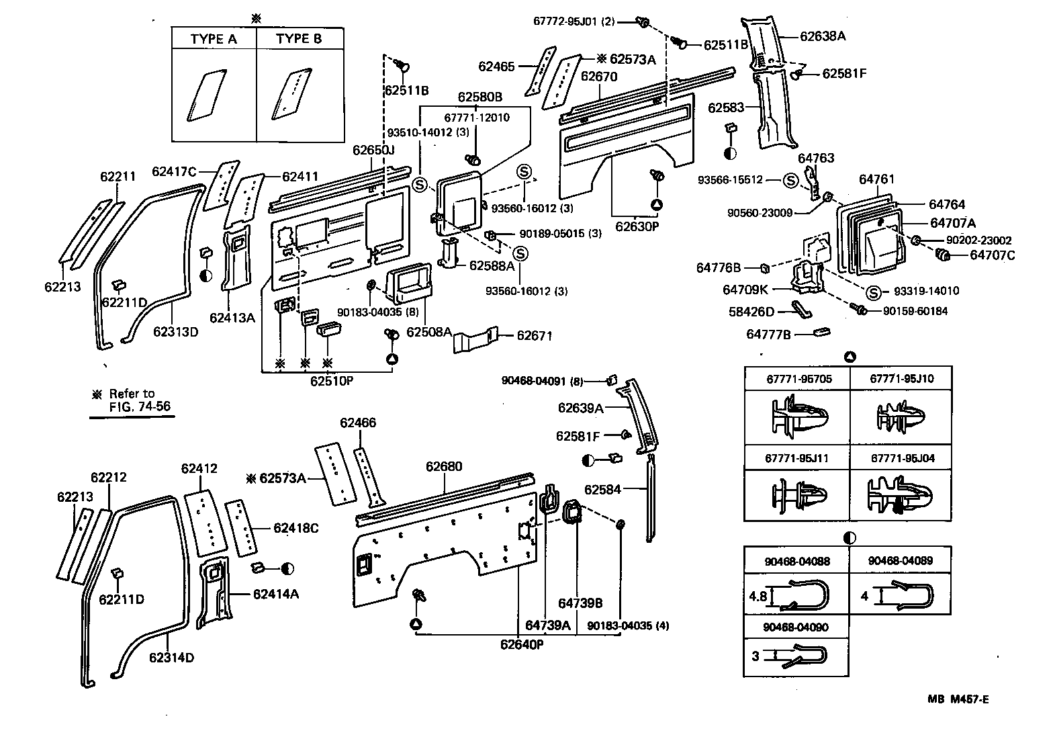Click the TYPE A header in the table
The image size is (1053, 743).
(214, 39)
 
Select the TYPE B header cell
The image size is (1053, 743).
(299, 39)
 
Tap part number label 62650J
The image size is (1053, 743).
(373, 150)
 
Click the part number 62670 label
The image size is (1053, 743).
(598, 77)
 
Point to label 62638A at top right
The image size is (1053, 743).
(823, 36)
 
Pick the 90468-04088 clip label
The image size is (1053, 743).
(796, 561)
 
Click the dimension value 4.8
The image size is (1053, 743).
(757, 596)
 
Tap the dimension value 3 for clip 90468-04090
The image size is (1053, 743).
(756, 656)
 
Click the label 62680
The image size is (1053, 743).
(444, 466)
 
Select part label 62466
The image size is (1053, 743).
(358, 423)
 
